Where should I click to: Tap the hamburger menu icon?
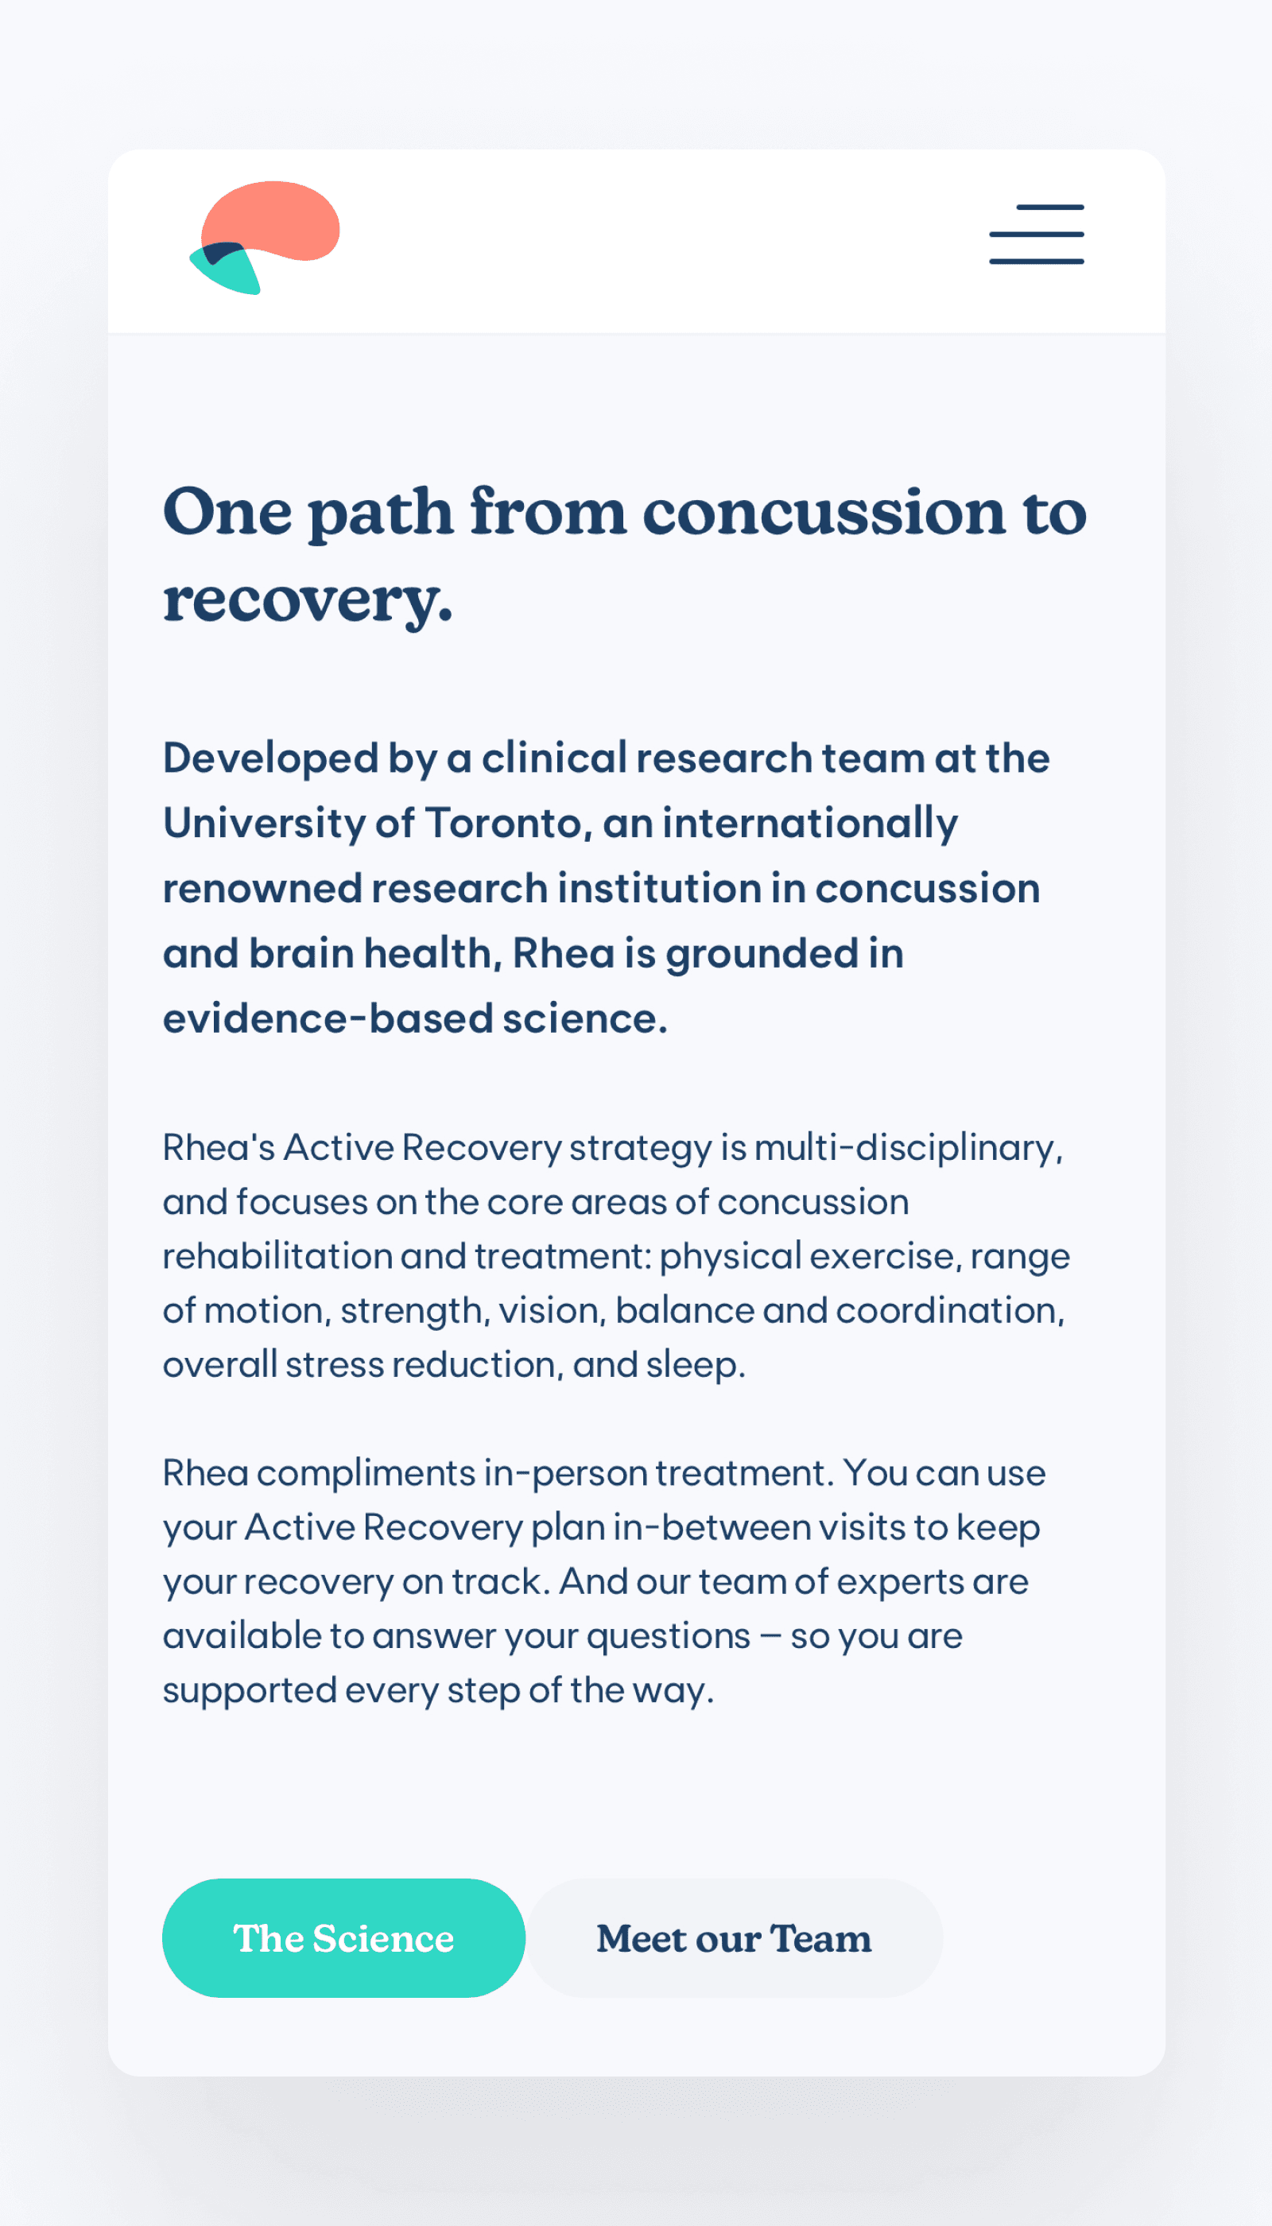tap(1036, 235)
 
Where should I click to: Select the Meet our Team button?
tap(734, 1937)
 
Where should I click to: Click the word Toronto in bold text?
tap(504, 823)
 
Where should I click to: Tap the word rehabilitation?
tap(277, 1256)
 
